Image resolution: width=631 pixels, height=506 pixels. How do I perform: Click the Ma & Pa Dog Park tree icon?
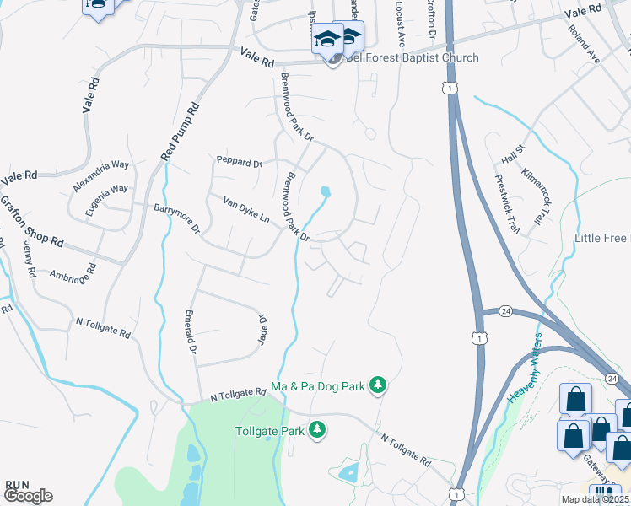coord(378,386)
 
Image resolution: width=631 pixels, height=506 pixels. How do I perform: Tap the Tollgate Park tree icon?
coord(317,430)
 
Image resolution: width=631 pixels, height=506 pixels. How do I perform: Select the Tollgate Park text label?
coord(268,430)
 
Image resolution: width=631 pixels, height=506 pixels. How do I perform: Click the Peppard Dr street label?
coord(240,162)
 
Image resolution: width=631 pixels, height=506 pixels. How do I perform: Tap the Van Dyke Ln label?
coord(245,210)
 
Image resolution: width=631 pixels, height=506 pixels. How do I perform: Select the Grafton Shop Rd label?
coord(31,220)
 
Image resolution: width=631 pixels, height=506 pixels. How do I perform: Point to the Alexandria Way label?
coord(100,175)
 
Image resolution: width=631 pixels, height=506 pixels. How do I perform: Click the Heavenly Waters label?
coord(526,372)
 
